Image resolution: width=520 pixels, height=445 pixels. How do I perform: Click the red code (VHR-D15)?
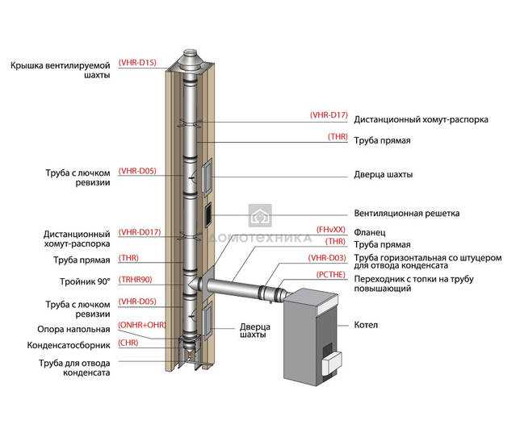[137, 63]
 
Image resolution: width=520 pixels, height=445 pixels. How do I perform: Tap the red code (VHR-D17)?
[329, 115]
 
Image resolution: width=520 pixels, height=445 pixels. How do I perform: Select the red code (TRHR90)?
[136, 280]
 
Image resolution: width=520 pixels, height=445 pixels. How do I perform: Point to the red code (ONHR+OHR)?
[142, 325]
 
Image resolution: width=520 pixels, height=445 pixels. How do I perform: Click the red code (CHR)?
[128, 343]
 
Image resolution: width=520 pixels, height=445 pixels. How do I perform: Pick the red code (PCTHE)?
[330, 274]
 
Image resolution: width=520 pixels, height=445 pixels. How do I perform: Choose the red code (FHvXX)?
[330, 230]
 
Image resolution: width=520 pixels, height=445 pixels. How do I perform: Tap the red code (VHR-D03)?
[327, 258]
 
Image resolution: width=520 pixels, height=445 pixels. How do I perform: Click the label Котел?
[366, 325]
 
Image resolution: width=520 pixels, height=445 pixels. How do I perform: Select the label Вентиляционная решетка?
[407, 213]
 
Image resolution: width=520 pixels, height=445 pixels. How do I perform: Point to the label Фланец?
[370, 232]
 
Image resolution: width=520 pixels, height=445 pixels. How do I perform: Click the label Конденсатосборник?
[69, 345]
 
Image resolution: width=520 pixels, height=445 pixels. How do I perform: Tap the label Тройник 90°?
[85, 282]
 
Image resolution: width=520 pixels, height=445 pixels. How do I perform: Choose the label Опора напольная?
[73, 330]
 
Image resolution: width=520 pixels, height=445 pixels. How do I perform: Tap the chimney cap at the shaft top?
[190, 60]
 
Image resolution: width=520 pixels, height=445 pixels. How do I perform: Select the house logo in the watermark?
[260, 215]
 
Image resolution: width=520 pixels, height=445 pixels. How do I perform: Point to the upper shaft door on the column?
[207, 176]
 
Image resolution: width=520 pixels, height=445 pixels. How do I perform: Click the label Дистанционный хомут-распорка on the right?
[421, 119]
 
